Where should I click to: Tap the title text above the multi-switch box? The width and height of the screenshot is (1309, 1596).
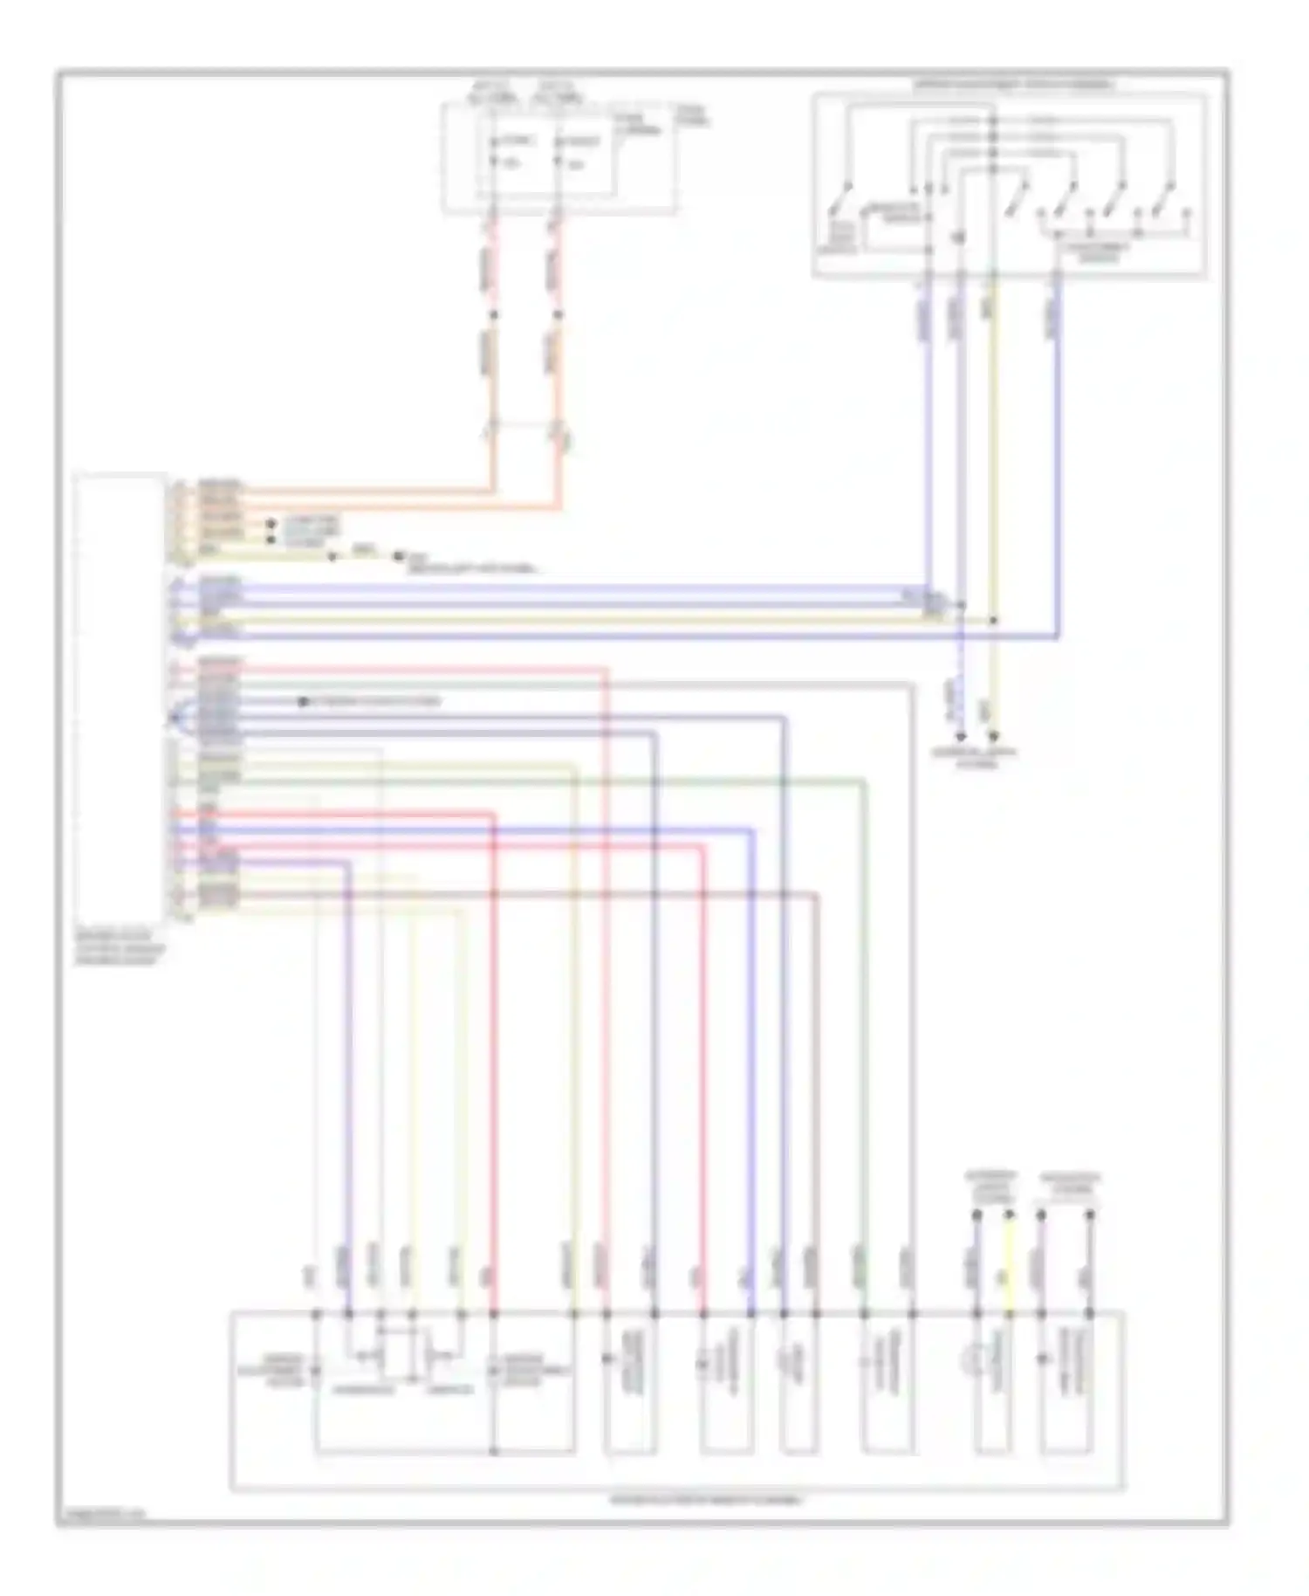pos(1013,85)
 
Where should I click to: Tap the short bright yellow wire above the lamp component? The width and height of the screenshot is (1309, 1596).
pos(1009,1262)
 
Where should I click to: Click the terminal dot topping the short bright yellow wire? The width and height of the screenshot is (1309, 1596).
pos(1009,1214)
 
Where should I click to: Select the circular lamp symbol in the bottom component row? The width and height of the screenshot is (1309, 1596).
pos(970,1360)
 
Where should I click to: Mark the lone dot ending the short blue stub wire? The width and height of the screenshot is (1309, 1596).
pos(303,702)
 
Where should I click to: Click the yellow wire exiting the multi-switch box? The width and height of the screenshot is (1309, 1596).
pos(992,437)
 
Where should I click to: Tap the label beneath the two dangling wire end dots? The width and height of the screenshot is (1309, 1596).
pos(976,756)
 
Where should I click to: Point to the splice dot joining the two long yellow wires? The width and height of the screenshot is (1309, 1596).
pos(993,621)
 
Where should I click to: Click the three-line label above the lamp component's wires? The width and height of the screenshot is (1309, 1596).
pos(990,1187)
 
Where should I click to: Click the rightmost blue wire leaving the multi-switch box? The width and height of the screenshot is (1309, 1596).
pos(1058,437)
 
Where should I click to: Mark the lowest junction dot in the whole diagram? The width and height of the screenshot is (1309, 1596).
pos(493,1451)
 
